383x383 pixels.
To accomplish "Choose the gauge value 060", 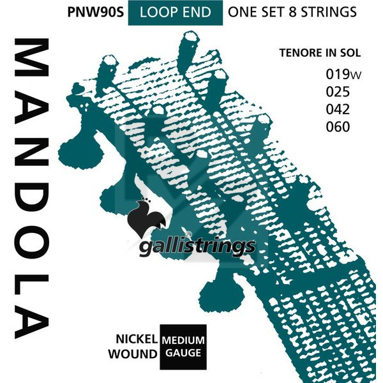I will point(338,126).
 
